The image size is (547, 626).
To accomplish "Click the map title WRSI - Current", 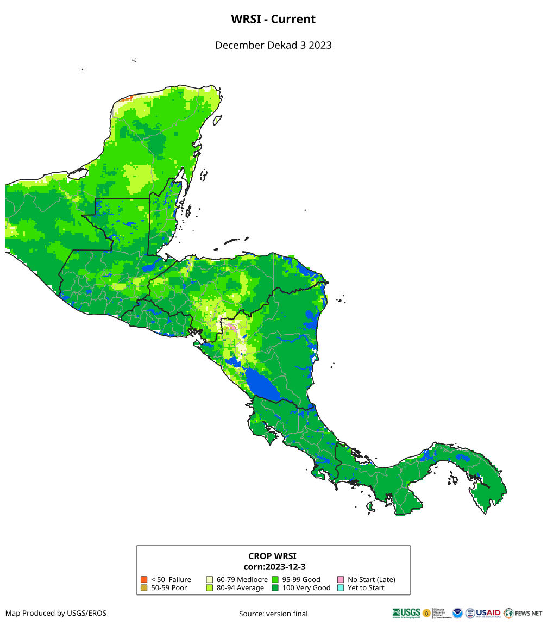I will pyautogui.click(x=273, y=19).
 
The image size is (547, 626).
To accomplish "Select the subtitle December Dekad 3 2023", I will pyautogui.click(x=273, y=45).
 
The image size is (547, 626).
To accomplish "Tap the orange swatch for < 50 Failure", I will pyautogui.click(x=144, y=579).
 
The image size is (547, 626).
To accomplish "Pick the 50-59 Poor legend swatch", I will pyautogui.click(x=144, y=587).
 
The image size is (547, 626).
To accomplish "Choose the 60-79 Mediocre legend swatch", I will pyautogui.click(x=210, y=579).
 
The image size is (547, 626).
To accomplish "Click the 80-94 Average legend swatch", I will pyautogui.click(x=210, y=587).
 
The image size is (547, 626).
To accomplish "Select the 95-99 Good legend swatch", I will pyautogui.click(x=275, y=579).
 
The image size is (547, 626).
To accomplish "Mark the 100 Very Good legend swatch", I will pyautogui.click(x=275, y=587).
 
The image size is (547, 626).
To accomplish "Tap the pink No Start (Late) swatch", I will pyautogui.click(x=341, y=579).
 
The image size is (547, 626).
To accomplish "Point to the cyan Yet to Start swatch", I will pyautogui.click(x=341, y=587).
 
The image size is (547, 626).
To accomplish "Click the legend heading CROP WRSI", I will pyautogui.click(x=273, y=556).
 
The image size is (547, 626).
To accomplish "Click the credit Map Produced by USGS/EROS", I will pyautogui.click(x=56, y=613).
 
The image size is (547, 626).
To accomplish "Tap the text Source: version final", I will pyautogui.click(x=273, y=614).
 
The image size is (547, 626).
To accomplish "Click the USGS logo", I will pyautogui.click(x=406, y=613).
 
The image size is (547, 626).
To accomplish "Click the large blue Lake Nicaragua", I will pyautogui.click(x=262, y=384).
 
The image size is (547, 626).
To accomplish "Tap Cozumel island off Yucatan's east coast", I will pyautogui.click(x=217, y=120).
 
